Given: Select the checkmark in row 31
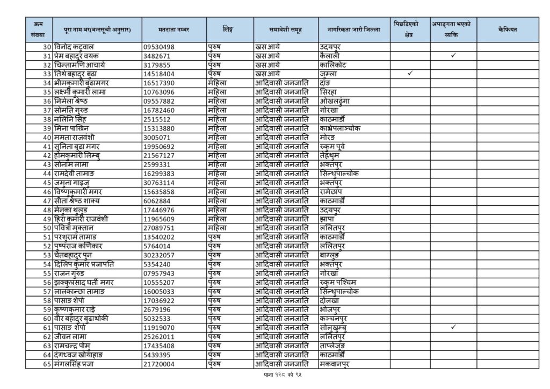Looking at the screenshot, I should coord(453,55).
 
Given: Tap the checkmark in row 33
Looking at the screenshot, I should coord(410,74).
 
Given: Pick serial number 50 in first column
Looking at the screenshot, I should coord(47,228).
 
